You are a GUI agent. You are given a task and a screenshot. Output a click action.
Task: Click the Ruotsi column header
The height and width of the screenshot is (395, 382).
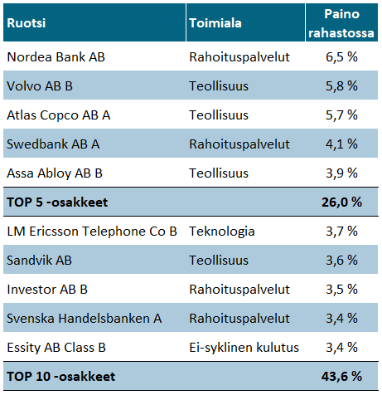pos(27,23)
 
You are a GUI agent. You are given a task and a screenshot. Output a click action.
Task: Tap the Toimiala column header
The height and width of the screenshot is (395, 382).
pos(215,23)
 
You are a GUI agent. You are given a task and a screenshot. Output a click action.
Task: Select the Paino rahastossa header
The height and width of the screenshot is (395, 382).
pos(341,23)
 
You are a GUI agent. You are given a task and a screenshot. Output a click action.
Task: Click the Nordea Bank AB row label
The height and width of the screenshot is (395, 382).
pos(56,57)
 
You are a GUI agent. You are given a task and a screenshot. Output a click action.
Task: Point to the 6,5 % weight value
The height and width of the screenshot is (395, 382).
pos(341,57)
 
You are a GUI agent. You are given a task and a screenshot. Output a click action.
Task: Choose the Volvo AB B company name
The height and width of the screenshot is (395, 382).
pos(40,86)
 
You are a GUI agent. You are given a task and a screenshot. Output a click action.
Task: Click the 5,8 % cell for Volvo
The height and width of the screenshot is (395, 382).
pos(341,86)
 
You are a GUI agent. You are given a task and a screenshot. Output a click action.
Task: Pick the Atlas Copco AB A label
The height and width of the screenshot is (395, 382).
pos(59,115)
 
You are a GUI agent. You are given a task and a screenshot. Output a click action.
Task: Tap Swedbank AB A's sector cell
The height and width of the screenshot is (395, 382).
pos(239,144)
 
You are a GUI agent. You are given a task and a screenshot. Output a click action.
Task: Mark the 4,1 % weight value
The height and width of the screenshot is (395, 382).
pos(341,144)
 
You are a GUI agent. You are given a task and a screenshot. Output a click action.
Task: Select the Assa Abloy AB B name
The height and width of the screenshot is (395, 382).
pos(55,173)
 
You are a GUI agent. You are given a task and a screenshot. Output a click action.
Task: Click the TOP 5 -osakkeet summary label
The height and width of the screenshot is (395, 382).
pos(57,202)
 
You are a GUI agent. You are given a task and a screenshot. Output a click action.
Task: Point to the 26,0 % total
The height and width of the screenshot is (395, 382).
pos(341,202)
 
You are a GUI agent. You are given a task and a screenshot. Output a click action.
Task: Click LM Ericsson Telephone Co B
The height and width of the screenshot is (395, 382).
pos(92,232)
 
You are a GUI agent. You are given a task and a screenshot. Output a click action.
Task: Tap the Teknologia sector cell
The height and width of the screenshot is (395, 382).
pos(222,232)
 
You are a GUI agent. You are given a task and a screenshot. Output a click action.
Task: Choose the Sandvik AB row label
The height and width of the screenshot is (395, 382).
pos(39,261)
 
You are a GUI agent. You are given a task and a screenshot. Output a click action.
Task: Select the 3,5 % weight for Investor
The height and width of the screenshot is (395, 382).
pos(341,290)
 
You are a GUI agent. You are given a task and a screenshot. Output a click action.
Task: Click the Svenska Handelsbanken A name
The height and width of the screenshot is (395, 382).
pos(85,319)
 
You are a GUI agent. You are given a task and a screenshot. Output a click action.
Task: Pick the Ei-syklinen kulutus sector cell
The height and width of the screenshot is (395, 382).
pos(244,348)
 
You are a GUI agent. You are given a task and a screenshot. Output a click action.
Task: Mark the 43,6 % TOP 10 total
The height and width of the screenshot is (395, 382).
pos(341,377)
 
